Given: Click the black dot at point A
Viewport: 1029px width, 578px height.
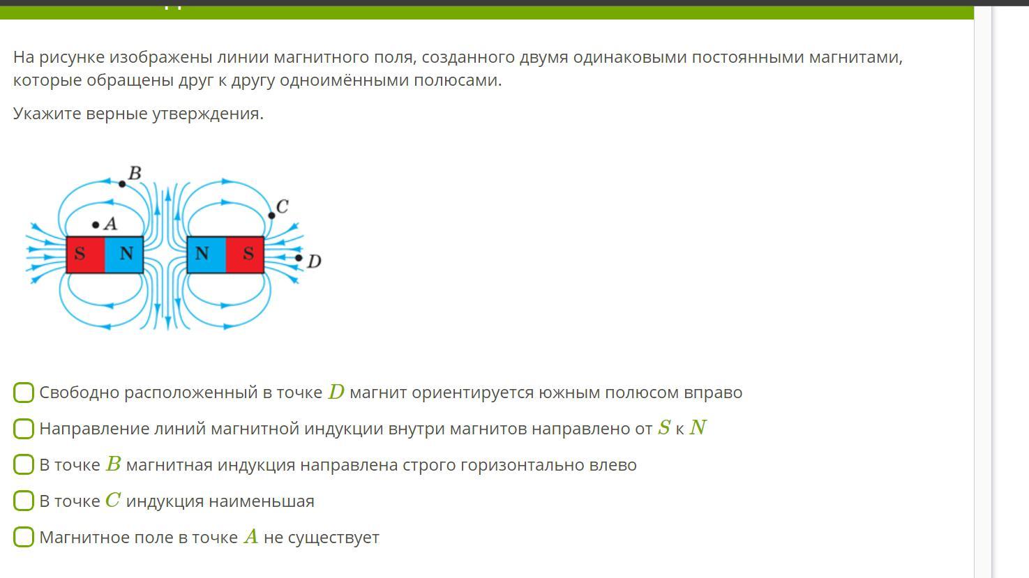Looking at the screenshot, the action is (96, 225).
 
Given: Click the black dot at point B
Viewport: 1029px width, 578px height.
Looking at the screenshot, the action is (122, 184).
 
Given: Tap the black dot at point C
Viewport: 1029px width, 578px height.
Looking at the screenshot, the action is (271, 215).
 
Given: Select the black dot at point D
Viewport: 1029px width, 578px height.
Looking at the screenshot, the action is (299, 258).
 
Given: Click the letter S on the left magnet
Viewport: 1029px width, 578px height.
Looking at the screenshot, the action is (80, 253).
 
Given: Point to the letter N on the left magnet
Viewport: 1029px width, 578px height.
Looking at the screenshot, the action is (126, 253).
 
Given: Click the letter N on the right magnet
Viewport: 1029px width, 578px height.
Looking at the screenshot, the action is (202, 253).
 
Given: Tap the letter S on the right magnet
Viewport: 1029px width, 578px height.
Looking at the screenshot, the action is (248, 253).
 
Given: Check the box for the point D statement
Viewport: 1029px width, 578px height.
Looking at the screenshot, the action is (24, 393).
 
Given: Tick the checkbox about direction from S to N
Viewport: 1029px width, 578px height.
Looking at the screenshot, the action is (24, 428).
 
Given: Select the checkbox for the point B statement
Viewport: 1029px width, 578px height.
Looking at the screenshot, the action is (24, 464).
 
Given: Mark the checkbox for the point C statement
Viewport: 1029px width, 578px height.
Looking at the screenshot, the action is (24, 501).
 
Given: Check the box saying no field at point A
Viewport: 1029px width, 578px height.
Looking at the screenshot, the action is (24, 537).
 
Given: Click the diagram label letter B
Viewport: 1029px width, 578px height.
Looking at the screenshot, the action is (135, 173).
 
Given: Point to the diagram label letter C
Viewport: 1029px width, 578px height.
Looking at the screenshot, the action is (282, 206).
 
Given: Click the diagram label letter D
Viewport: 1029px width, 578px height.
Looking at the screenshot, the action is (314, 261).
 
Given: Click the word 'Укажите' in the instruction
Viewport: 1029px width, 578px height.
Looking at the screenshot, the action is (47, 114).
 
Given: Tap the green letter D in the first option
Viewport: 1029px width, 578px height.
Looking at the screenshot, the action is (336, 392).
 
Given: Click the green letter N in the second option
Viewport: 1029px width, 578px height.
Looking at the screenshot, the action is (698, 428).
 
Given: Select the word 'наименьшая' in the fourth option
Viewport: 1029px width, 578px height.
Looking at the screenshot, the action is (262, 501).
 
